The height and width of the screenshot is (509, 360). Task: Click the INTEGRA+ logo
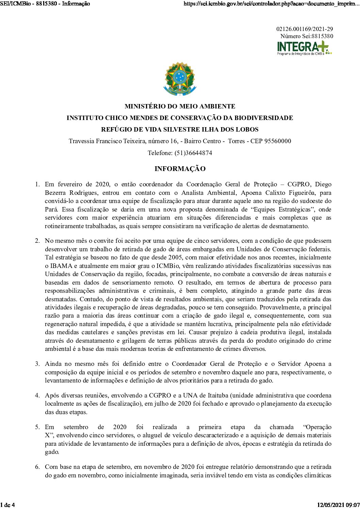pos(304,48)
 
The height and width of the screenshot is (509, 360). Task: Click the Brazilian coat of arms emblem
pos(180,79)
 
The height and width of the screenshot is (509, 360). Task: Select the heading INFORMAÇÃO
pos(180,169)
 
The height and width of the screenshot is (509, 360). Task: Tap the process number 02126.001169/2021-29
pos(305,29)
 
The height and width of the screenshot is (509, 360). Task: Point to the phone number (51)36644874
pos(193,153)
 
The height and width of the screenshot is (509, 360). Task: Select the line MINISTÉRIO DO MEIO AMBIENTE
pos(180,106)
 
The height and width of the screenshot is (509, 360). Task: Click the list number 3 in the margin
pos(37,364)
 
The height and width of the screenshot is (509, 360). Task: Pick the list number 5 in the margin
pos(37,427)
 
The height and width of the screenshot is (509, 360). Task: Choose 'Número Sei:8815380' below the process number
pos(307,36)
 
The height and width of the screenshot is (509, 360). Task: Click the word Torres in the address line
pos(236,141)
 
